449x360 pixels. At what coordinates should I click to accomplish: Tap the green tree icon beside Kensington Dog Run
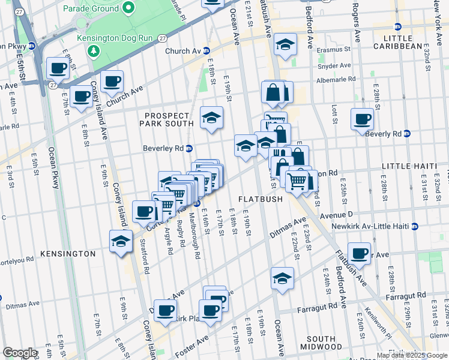pos(94,50)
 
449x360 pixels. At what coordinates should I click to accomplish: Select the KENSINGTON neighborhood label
pos(68,254)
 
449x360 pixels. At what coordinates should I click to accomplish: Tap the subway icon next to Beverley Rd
pos(188,149)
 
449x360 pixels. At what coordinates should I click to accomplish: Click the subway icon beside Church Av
pos(206,51)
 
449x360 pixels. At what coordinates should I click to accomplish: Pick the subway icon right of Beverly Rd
pos(406,134)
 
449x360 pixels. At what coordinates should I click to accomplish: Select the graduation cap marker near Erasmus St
pos(286,44)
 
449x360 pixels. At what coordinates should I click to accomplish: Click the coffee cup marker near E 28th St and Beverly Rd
pos(361,119)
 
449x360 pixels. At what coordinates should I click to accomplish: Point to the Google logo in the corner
pos(19,353)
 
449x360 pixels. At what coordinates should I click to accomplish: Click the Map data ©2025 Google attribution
pos(412,355)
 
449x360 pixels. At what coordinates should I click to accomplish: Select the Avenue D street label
pos(335,214)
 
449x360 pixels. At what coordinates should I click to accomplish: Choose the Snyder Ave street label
pos(337,65)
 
